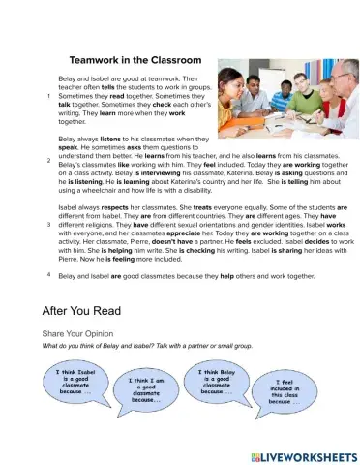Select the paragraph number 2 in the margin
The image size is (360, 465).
[x=47, y=159]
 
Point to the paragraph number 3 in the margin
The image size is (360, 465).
[x=47, y=225]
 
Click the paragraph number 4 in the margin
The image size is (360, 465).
[x=47, y=275]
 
